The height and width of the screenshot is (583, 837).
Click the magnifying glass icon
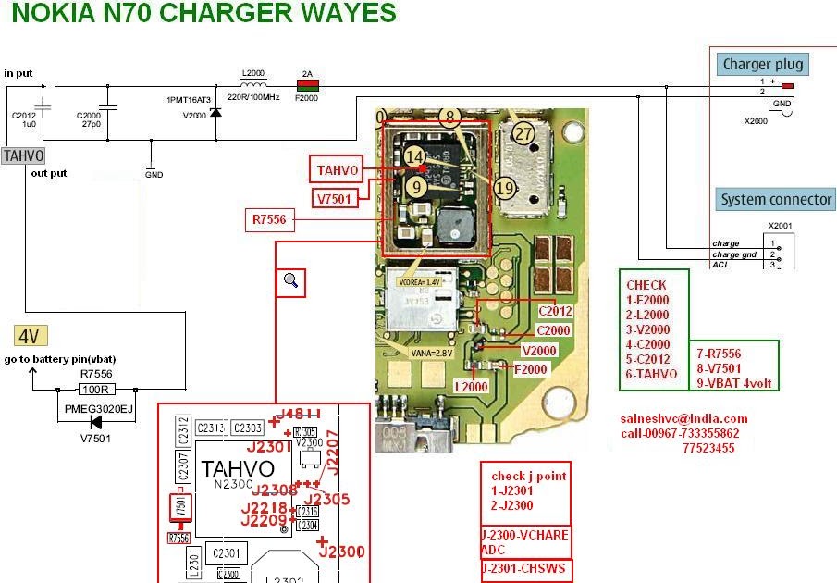[291, 281]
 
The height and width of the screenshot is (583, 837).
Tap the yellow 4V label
[31, 336]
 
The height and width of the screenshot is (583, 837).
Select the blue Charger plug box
[763, 64]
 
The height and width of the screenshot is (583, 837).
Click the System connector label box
[776, 199]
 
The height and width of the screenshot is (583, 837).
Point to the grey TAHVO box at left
[22, 156]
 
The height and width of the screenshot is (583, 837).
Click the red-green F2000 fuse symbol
[305, 85]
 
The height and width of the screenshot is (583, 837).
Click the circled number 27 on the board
[524, 133]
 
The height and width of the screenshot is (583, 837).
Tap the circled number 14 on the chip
[415, 157]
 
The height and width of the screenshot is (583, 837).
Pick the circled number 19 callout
[504, 189]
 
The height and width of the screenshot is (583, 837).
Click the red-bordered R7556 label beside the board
[269, 220]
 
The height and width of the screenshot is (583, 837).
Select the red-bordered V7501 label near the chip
[335, 198]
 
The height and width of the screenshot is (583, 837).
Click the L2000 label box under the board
[471, 385]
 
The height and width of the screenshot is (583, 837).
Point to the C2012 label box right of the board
[554, 311]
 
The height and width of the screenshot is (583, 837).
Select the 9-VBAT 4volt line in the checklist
[737, 383]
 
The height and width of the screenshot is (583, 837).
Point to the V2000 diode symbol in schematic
[215, 113]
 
